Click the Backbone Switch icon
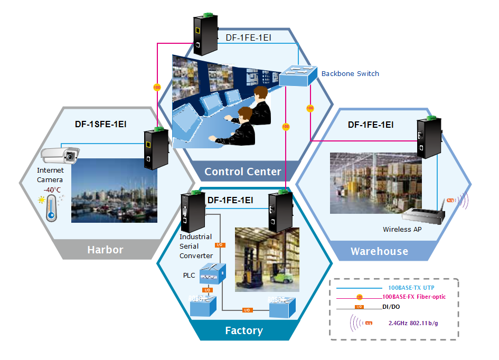pyautogui.click(x=297, y=76)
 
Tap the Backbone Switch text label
pyautogui.click(x=350, y=74)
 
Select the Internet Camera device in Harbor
pyautogui.click(x=59, y=155)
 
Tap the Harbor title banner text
pyautogui.click(x=105, y=250)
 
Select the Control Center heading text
pyautogui.click(x=243, y=172)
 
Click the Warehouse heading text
pyautogui.click(x=379, y=251)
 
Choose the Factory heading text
pyautogui.click(x=243, y=331)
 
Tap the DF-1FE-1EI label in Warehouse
pyautogui.click(x=371, y=125)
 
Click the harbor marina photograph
pyautogui.click(x=114, y=191)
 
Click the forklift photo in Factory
pyautogui.click(x=267, y=259)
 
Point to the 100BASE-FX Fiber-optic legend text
pyautogui.click(x=414, y=297)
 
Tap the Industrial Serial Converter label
pyautogui.click(x=196, y=246)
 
